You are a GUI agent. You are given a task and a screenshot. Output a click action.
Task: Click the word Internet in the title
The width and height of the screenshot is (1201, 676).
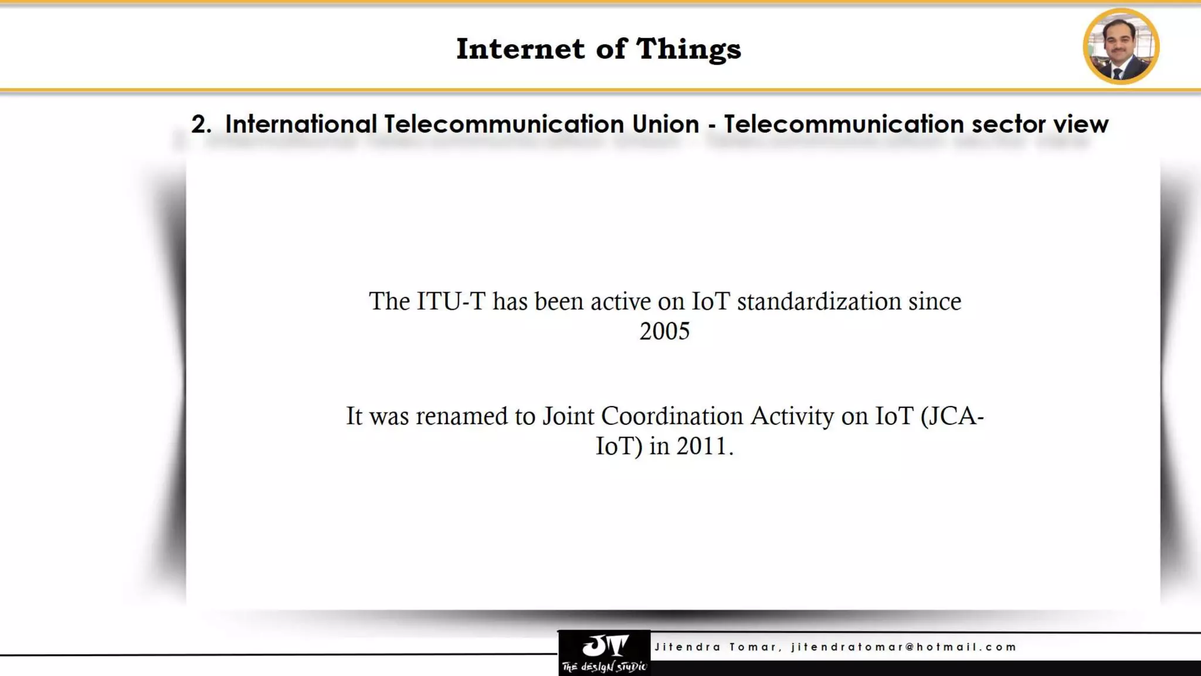pos(520,49)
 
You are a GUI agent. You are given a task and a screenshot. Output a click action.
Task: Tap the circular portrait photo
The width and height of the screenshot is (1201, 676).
pos(1121,46)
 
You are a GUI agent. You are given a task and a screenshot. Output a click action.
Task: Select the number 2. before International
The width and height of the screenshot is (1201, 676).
pos(201,124)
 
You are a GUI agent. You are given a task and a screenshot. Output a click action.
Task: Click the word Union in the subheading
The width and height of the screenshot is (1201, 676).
pos(666,124)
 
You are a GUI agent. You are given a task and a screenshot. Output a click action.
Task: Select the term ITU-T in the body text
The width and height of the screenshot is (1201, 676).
pos(451,302)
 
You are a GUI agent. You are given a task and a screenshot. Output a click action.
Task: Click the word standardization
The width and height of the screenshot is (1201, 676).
pos(819,302)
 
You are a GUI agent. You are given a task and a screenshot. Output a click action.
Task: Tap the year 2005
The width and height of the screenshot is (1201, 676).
pos(664,332)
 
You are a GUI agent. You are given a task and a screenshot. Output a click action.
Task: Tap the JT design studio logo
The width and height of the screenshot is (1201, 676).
pos(604,653)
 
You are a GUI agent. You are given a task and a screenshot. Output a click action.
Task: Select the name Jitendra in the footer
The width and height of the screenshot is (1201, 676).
pos(687,647)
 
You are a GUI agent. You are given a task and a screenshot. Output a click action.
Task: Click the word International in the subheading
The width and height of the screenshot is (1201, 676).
pos(301,124)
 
